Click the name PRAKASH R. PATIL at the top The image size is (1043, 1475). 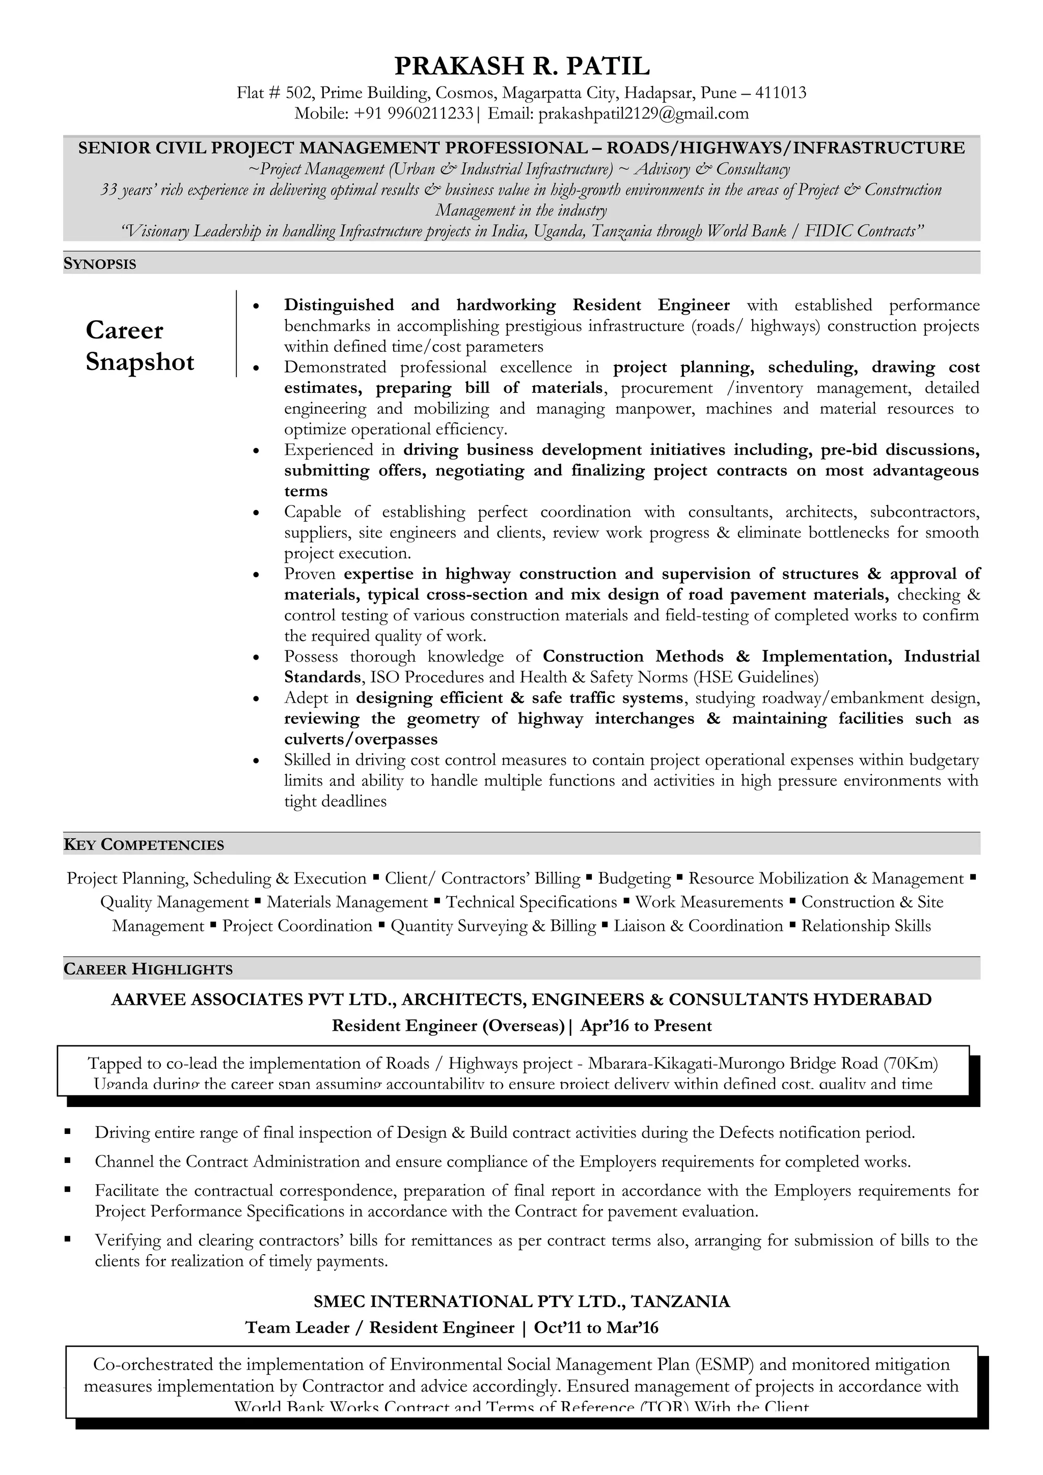coord(521,66)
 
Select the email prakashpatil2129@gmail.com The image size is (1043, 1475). coord(643,114)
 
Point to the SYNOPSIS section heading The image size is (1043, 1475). coord(100,264)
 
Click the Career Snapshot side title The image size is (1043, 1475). coord(140,346)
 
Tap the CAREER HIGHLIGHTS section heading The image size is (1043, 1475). coord(148,970)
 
